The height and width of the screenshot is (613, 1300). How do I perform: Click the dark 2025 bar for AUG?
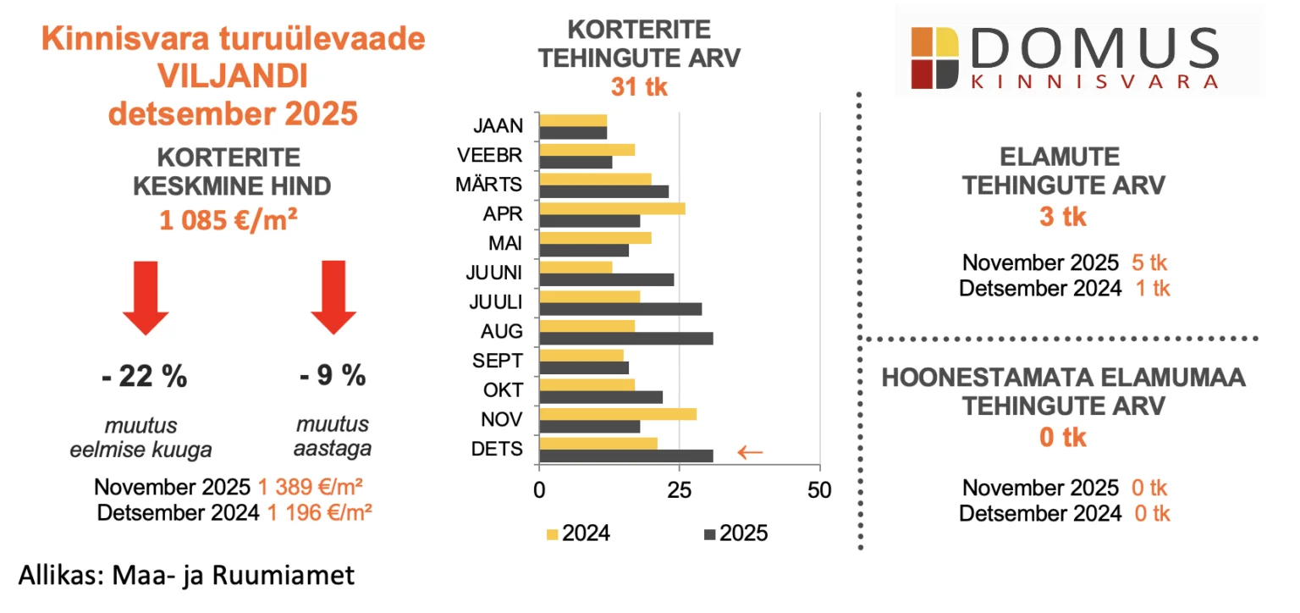pos(625,339)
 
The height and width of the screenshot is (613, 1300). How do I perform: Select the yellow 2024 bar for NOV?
pos(618,414)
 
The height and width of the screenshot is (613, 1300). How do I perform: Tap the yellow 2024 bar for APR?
pos(612,208)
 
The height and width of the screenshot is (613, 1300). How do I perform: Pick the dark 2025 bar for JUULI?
pos(620,309)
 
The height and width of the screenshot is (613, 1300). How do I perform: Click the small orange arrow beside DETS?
pos(750,452)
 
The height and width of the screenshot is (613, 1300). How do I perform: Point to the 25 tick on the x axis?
pos(679,489)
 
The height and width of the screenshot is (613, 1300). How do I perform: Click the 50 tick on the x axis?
pos(819,489)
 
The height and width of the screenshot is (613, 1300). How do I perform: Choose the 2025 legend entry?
pos(735,533)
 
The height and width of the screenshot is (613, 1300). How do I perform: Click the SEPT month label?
pos(499,362)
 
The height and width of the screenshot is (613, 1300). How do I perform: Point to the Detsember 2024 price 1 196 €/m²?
pos(320,512)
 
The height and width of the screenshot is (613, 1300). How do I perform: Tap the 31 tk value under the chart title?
pos(639,86)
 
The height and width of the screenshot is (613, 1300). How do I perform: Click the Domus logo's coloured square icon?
pos(934,58)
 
